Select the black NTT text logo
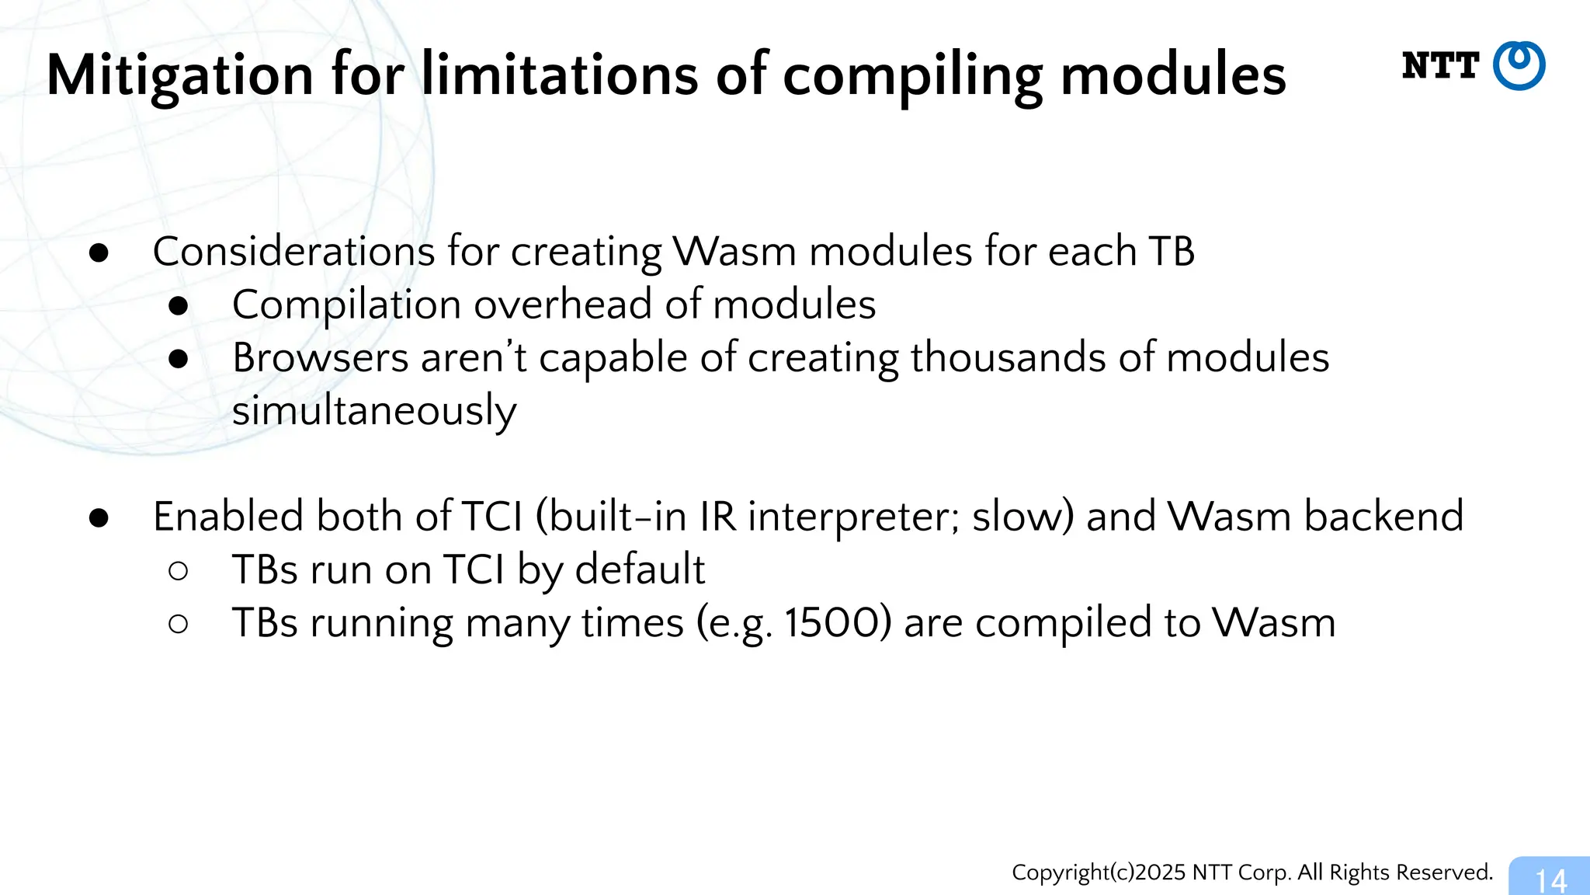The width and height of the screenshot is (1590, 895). [x=1440, y=66]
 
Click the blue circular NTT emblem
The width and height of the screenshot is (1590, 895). [x=1519, y=66]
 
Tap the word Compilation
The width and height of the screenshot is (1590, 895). [x=347, y=305]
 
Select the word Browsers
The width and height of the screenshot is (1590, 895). [x=321, y=358]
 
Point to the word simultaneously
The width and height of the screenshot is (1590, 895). [x=374, y=411]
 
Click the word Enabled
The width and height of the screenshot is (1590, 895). [x=227, y=517]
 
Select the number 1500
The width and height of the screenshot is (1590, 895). [x=838, y=623]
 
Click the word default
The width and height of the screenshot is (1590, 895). [x=640, y=569]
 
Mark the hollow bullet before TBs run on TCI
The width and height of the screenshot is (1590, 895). [x=178, y=571]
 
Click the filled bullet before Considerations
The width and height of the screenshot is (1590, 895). [x=99, y=253]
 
